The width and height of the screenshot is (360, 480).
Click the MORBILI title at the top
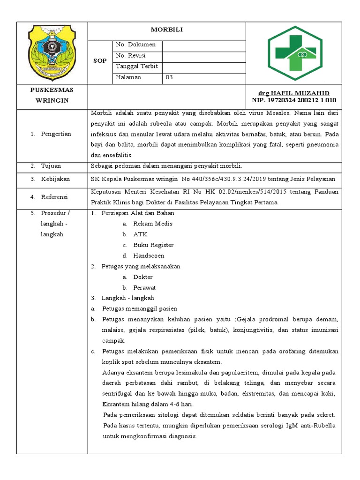click(166, 30)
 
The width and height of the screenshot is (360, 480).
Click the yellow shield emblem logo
click(52, 53)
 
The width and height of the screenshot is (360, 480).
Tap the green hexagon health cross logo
click(295, 53)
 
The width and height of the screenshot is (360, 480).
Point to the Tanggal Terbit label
click(136, 67)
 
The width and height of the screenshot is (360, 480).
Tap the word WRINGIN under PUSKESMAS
click(52, 101)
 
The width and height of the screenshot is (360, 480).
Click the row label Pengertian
click(56, 134)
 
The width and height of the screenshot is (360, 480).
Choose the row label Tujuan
click(51, 166)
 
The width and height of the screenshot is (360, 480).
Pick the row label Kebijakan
click(55, 179)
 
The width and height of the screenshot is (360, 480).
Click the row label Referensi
click(55, 197)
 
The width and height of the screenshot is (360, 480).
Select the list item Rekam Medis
click(152, 224)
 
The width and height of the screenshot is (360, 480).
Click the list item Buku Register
click(153, 245)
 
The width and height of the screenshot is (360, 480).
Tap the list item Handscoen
click(149, 256)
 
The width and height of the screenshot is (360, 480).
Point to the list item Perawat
click(144, 288)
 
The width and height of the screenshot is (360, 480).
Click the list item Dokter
click(142, 277)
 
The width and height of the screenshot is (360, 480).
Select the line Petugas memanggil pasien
click(139, 309)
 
